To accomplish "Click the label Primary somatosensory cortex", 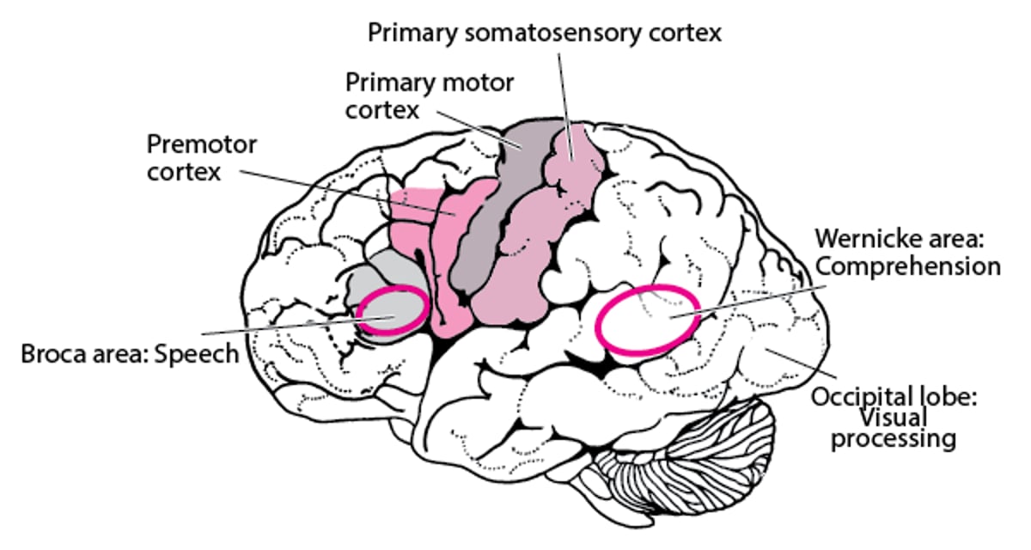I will point(545,34).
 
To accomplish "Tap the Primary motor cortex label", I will point(429,96).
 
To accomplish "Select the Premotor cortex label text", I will point(201,157).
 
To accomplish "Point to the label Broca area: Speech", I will point(130,353).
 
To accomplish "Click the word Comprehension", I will point(908,265).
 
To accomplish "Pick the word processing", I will point(906,438).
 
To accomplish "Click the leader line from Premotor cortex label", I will point(344,191).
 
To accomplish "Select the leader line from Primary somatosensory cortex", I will point(564,86).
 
